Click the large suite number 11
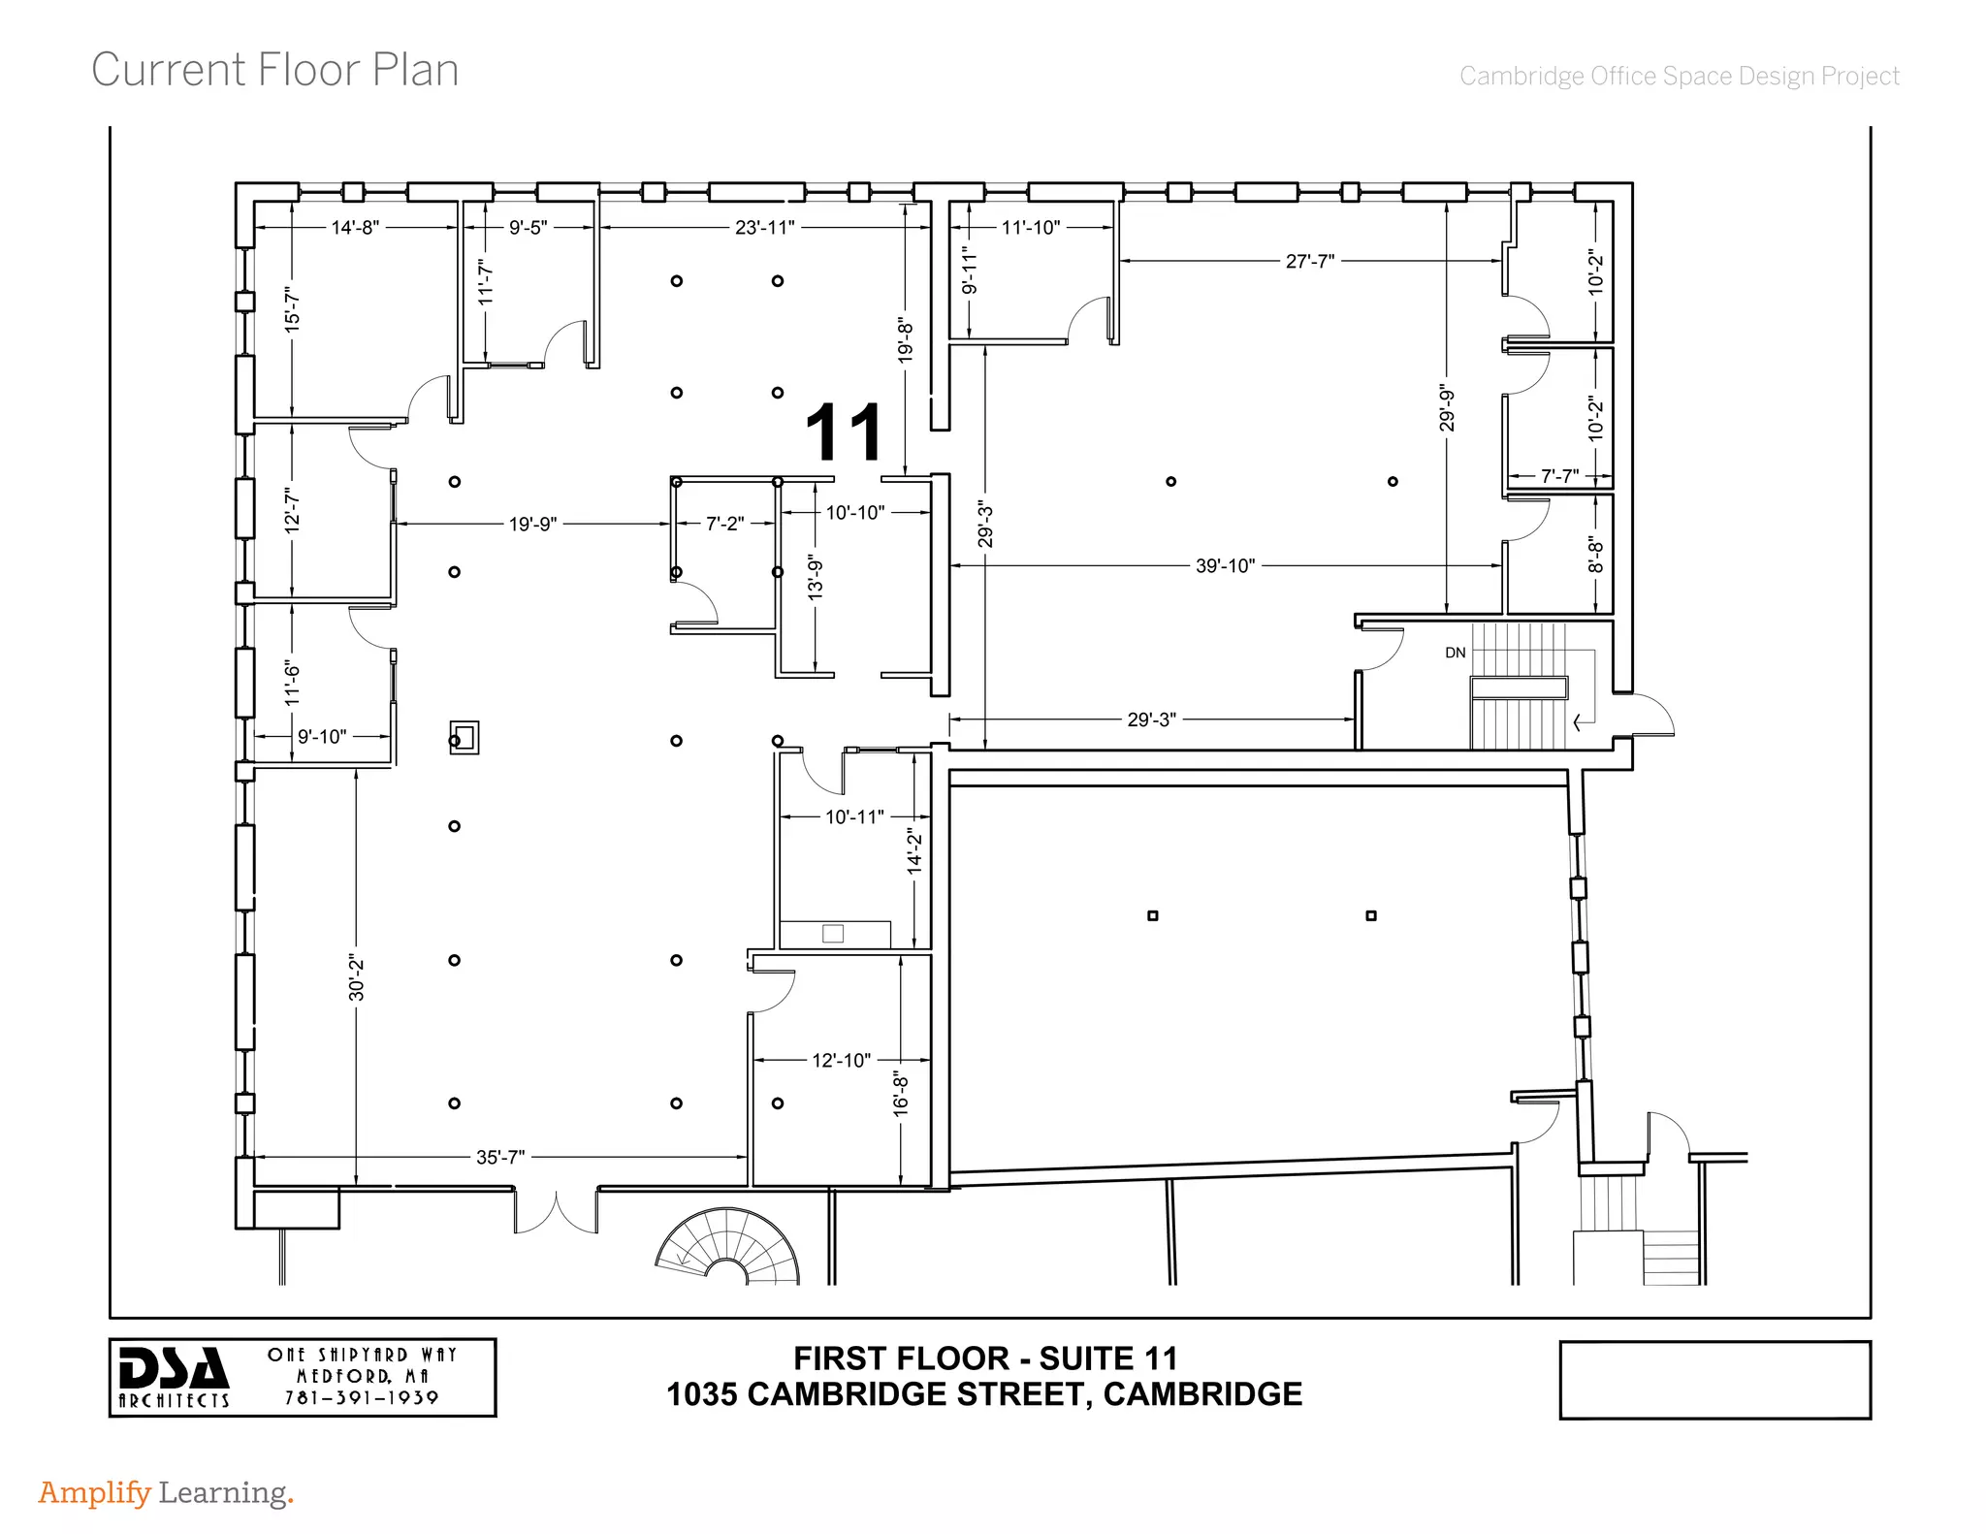pos(844,432)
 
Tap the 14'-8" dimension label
pos(355,228)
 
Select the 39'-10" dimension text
pos(1225,565)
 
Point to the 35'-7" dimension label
pos(500,1157)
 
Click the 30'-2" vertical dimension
pos(356,977)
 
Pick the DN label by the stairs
pos(1455,653)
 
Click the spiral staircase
pos(728,1250)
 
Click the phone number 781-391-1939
pos(362,1397)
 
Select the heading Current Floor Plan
pos(274,71)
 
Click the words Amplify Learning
pos(165,1492)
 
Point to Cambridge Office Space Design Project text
pos(1679,76)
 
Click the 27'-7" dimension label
pos(1309,261)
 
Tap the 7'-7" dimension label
pos(1559,476)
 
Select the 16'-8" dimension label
pos(901,1094)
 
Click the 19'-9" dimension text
pos(532,524)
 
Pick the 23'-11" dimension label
pos(764,228)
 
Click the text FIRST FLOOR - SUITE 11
pos(985,1358)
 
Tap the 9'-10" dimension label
pos(322,737)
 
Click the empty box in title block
pos(1714,1380)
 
